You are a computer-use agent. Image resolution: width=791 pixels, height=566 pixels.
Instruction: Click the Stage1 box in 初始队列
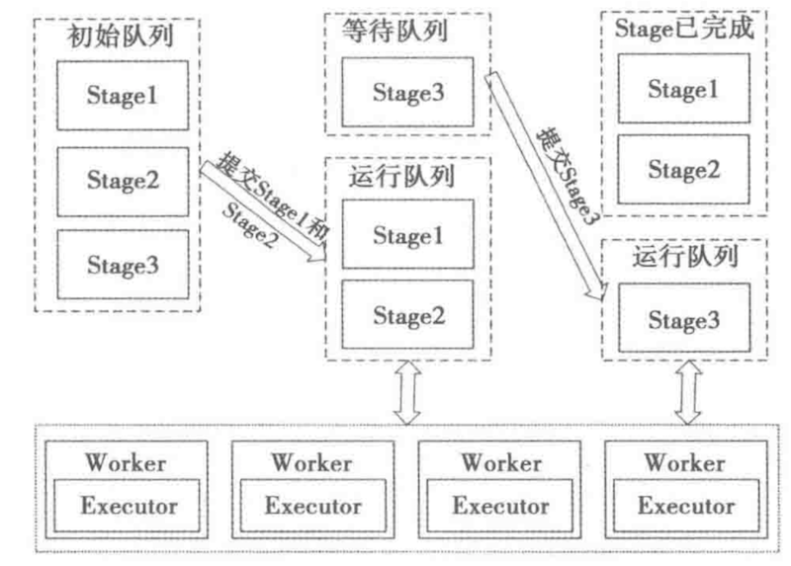pyautogui.click(x=123, y=96)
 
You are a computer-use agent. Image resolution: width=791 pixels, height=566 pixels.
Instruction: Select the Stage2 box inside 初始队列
pyautogui.click(x=123, y=181)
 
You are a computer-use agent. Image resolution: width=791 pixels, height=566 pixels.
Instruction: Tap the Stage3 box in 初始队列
pyautogui.click(x=123, y=265)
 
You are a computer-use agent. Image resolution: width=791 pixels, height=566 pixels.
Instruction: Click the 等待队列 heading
pyautogui.click(x=408, y=31)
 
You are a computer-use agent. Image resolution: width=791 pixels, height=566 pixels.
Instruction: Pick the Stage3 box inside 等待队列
pyautogui.click(x=408, y=92)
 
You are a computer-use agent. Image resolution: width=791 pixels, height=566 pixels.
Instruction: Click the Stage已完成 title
pyautogui.click(x=684, y=29)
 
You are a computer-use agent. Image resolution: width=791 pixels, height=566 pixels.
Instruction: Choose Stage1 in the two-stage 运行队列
pyautogui.click(x=408, y=236)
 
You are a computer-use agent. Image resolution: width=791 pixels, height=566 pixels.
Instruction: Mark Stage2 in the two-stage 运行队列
pyautogui.click(x=408, y=316)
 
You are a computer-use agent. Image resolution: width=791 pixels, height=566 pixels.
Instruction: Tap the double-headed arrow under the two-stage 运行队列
pyautogui.click(x=406, y=392)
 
